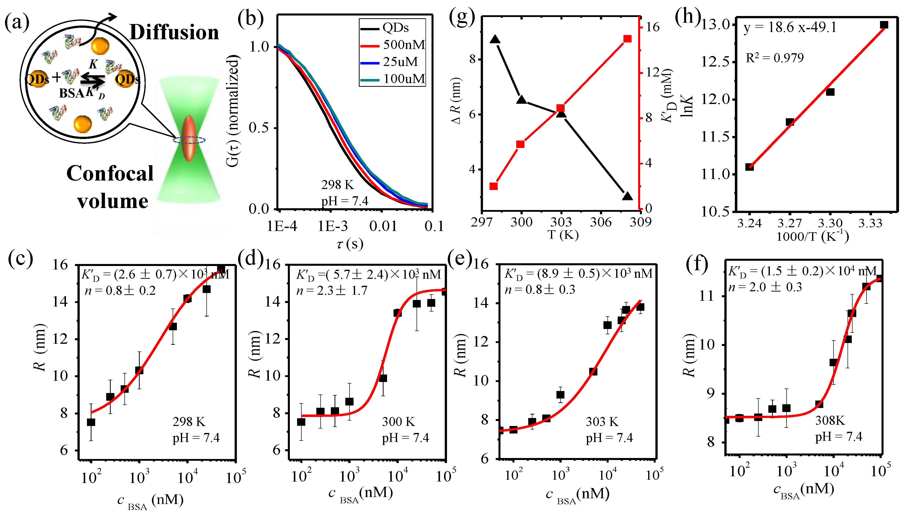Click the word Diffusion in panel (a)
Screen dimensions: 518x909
[174, 32]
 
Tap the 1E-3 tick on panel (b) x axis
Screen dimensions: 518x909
[332, 226]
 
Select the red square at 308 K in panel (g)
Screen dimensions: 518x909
[627, 39]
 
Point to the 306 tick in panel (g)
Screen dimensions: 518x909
[601, 222]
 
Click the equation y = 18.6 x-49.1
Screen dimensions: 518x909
[790, 27]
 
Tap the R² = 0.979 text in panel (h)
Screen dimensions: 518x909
[774, 58]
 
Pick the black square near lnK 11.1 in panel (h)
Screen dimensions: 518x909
[749, 167]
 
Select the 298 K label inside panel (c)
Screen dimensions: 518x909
[189, 422]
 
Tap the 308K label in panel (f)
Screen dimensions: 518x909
[830, 420]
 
